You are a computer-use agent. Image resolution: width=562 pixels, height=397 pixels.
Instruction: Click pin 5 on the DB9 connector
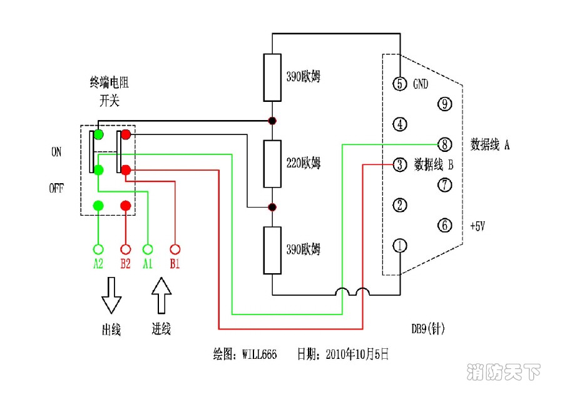click(400, 84)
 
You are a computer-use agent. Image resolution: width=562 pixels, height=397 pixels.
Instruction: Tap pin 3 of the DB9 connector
click(400, 165)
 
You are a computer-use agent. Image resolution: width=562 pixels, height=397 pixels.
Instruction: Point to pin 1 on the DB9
click(400, 246)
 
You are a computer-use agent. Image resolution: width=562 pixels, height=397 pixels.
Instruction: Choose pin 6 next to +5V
click(444, 226)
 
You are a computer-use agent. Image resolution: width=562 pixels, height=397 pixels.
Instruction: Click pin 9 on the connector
click(444, 104)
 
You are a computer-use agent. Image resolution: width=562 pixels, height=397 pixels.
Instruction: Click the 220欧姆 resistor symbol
click(272, 164)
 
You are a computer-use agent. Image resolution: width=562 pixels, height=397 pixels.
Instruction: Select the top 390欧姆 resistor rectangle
click(272, 78)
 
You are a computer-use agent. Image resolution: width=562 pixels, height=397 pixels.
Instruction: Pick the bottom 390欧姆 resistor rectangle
click(272, 251)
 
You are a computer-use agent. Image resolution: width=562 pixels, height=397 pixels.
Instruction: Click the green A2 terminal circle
click(98, 248)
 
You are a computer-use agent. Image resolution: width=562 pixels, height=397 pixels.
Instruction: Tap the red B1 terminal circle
click(175, 248)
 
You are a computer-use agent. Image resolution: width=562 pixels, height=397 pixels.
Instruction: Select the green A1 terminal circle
click(148, 248)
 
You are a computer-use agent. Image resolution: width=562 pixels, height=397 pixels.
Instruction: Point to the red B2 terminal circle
click(125, 248)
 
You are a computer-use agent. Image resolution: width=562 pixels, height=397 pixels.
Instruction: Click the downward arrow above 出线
click(111, 296)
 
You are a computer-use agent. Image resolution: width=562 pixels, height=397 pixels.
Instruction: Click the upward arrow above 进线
click(161, 295)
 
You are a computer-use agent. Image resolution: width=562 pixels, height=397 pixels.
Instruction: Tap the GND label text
click(421, 84)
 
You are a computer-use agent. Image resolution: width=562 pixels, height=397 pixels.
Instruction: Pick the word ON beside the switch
click(56, 152)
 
